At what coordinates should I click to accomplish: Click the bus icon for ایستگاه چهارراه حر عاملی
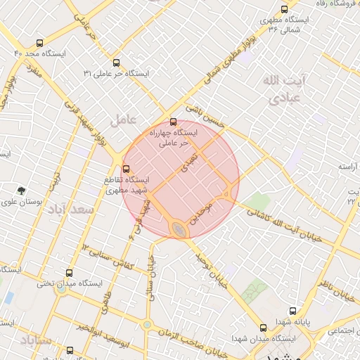tap(174, 122)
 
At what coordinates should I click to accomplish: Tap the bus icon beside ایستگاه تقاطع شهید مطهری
tap(127, 169)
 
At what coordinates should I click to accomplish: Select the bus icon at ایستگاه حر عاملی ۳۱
tap(116, 62)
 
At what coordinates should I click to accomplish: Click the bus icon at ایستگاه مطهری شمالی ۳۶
tap(283, 10)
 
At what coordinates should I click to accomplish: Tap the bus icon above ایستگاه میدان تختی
tap(69, 273)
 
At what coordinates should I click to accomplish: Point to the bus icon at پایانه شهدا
tap(293, 311)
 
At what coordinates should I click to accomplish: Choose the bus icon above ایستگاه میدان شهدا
tap(264, 328)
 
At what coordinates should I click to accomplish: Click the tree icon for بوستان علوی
tap(22, 190)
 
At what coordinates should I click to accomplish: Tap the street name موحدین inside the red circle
tap(205, 209)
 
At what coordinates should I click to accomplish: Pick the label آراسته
tap(345, 167)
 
